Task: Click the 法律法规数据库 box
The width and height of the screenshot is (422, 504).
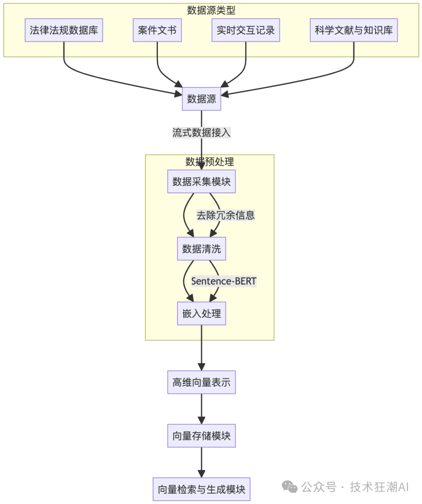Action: coord(64,30)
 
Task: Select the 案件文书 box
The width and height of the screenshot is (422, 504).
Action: coord(157,30)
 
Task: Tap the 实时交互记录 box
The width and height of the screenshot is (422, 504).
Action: coord(246,30)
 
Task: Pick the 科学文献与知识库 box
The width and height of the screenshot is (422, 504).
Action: coord(354,30)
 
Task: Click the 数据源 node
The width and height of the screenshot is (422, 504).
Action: coord(201,99)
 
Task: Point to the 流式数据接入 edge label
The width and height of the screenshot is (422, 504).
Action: coord(201,133)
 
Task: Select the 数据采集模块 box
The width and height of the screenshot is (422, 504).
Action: coord(201,182)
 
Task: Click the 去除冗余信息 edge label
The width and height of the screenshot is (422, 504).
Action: coord(225,215)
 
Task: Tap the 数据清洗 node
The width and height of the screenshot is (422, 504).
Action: coord(201,249)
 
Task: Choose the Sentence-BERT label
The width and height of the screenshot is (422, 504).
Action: coord(224,281)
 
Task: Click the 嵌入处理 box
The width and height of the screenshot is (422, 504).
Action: coord(201,313)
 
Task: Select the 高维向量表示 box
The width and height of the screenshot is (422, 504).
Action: coord(201,382)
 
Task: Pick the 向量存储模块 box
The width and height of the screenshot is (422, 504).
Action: coord(201,436)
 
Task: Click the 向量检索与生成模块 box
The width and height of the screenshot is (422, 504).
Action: coord(201,489)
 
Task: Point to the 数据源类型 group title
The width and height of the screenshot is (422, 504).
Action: coord(211,11)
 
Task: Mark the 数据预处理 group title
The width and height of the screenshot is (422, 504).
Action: coord(209,162)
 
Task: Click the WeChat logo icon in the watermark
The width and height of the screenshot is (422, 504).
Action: coord(290,487)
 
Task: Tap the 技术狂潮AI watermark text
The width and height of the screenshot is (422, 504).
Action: coord(379,487)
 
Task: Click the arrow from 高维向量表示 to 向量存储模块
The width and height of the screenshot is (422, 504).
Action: coord(201,409)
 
